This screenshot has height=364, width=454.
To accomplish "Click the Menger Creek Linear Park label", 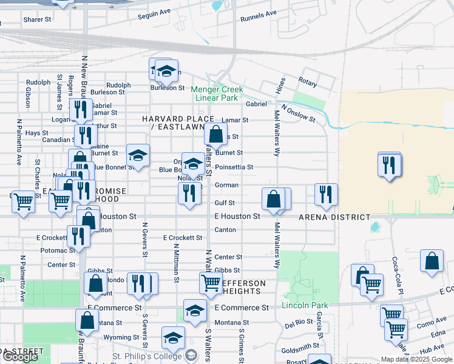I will point(217,93).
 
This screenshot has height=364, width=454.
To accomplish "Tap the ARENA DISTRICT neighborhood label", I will point(334,217).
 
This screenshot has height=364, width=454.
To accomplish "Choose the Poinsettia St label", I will point(234,167).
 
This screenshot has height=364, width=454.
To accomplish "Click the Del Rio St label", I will point(299,322).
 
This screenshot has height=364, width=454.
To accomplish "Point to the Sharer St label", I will point(37,19).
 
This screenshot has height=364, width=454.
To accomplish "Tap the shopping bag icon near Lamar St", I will point(215,134).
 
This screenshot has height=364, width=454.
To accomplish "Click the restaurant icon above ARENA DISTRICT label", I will point(326,195).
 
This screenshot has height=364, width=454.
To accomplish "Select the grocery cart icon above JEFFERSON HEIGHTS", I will point(211,283).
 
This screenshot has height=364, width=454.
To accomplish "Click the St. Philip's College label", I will point(146,356).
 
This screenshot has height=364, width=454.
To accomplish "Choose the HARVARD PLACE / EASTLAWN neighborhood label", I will point(178,123).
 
